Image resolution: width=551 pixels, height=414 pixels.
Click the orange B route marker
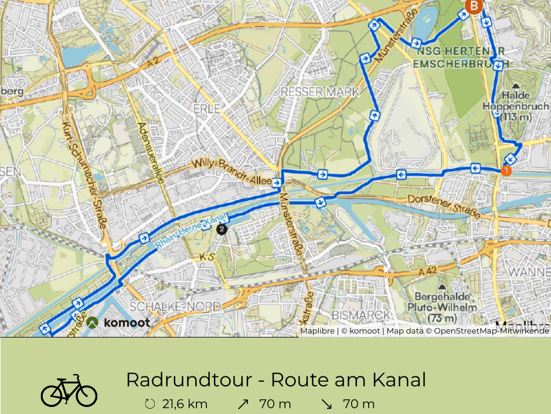(473, 6)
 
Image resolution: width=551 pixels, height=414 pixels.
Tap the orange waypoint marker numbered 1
(505, 171)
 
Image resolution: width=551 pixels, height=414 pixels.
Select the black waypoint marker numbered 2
(221, 229)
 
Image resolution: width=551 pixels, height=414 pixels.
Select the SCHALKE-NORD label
(175, 307)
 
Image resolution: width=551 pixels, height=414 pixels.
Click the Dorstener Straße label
(444, 207)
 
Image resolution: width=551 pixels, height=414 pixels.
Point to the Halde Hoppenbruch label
(508, 106)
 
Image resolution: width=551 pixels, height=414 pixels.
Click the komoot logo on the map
(118, 322)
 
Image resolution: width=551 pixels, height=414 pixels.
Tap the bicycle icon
(69, 391)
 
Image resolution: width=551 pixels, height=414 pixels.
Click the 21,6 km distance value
(185, 404)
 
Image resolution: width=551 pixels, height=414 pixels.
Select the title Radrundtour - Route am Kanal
(275, 380)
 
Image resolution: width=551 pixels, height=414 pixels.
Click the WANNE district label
(529, 272)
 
